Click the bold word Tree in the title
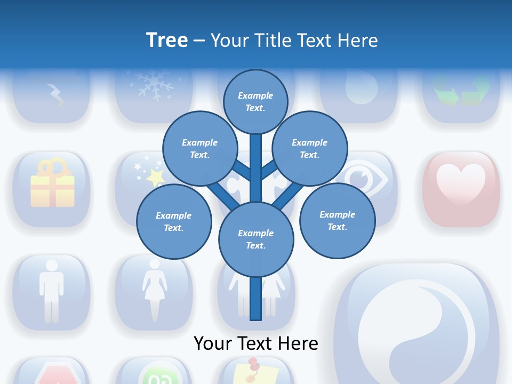(167, 40)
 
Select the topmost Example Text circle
(255, 101)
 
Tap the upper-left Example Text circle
(199, 148)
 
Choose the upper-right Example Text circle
(309, 148)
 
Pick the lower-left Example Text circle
(174, 221)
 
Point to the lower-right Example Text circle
(337, 220)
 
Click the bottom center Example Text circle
(255, 239)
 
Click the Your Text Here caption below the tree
(255, 343)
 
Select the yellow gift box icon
(52, 184)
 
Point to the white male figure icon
(51, 290)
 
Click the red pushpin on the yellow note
(253, 364)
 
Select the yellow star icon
(155, 177)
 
